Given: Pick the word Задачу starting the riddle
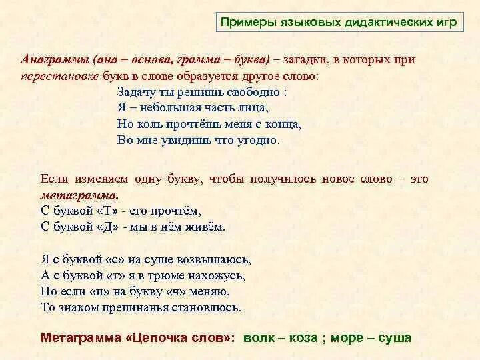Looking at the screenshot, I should tap(135, 91).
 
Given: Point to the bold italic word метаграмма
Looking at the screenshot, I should tap(79, 195).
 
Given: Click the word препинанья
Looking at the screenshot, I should tap(137, 307).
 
